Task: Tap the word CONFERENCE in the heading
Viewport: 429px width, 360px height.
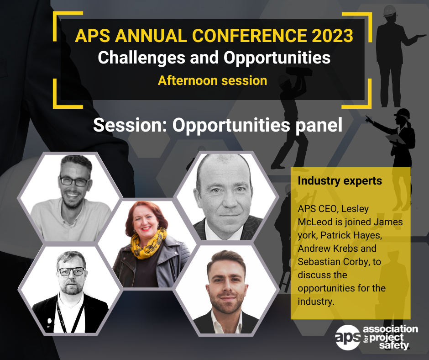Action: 250,36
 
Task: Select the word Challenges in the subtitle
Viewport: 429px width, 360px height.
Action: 141,58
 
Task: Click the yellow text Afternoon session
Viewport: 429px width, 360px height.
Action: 213,80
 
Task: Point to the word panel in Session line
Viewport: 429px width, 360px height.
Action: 319,126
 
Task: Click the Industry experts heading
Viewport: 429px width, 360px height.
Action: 340,181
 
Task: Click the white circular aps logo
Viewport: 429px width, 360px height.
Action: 348,337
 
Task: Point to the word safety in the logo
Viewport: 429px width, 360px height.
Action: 394,345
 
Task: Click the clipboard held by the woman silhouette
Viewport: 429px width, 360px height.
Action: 395,139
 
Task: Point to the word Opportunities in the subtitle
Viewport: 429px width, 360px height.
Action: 277,58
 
